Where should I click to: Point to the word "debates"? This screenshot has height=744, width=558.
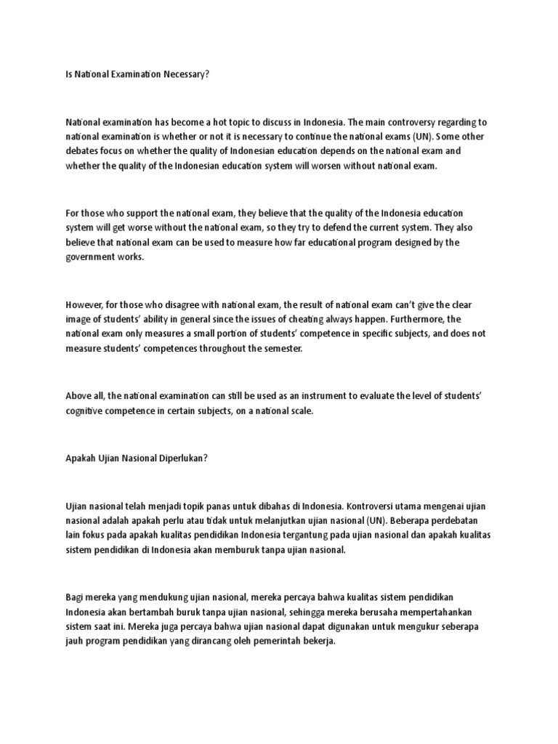pos(81,151)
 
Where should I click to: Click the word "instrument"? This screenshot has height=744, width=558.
pos(296,396)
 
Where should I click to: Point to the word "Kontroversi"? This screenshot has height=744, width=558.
pos(373,506)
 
